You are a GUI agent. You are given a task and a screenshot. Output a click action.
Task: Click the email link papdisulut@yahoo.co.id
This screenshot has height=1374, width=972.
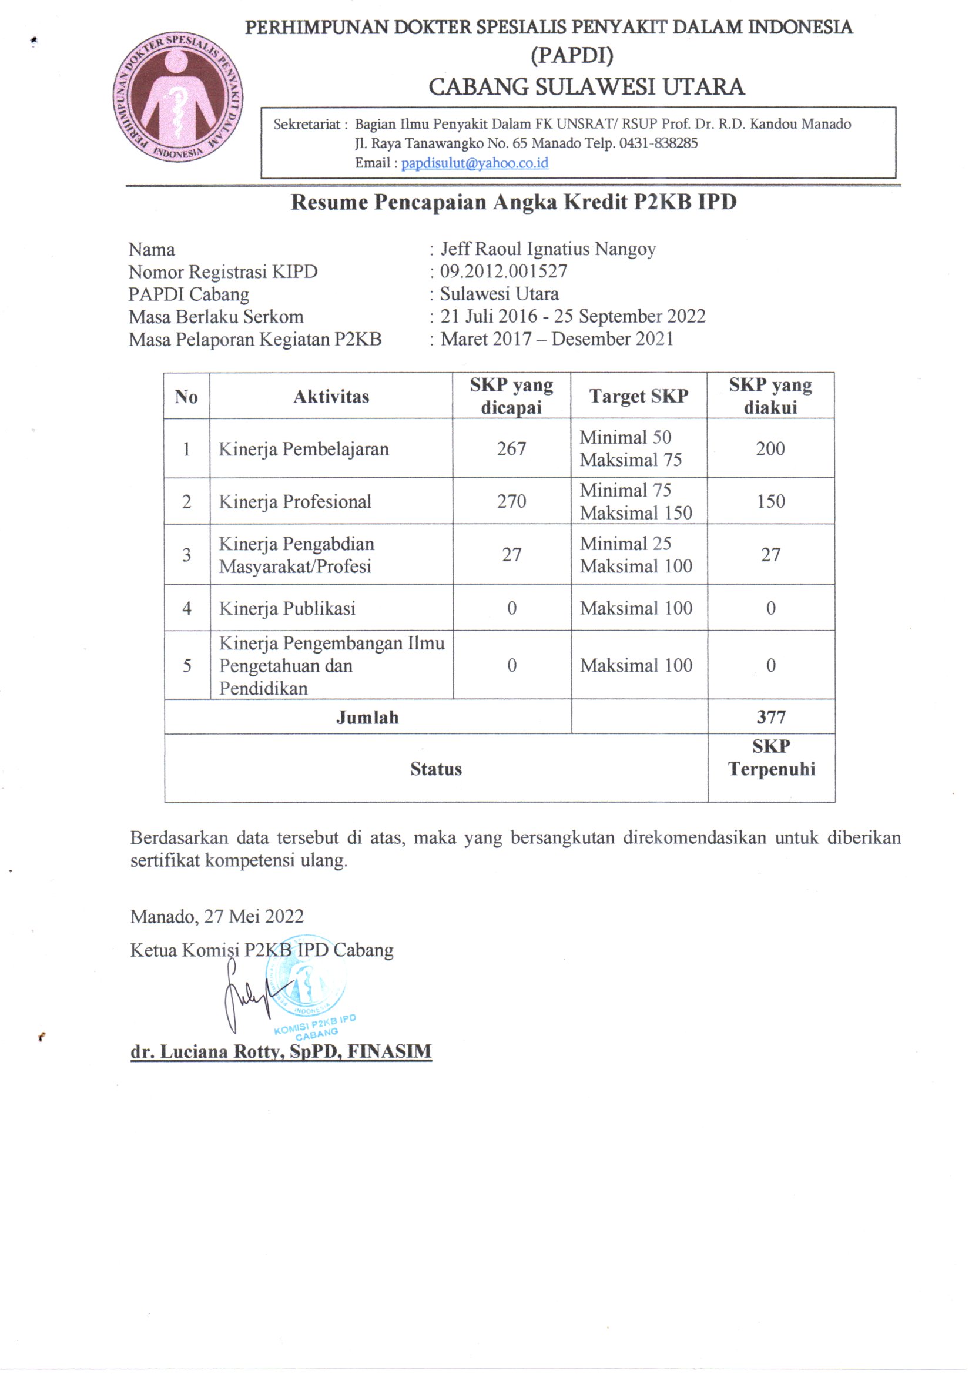point(475,163)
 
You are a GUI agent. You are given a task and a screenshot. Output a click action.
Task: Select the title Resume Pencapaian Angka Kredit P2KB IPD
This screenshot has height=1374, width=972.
point(514,202)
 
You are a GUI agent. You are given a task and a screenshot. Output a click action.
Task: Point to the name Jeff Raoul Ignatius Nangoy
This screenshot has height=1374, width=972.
point(548,249)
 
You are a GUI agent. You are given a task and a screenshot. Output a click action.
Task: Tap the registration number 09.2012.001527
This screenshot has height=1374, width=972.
point(504,271)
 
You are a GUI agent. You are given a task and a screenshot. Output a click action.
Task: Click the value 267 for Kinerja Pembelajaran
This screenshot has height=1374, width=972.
point(511,448)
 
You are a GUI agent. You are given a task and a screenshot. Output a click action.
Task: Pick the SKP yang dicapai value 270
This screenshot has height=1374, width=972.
point(511,501)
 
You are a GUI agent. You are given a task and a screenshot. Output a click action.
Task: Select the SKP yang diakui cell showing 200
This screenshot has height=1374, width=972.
point(770,448)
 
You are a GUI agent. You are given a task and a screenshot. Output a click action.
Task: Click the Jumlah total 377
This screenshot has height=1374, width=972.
point(770,716)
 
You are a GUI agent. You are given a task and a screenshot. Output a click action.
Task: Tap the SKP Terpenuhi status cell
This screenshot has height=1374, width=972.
point(771,758)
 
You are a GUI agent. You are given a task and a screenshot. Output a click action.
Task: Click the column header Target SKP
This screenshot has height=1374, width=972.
point(638,396)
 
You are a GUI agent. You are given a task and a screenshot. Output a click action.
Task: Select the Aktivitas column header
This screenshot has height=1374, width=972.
point(330,396)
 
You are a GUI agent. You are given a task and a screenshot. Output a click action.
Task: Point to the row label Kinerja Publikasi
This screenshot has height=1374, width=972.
point(287,608)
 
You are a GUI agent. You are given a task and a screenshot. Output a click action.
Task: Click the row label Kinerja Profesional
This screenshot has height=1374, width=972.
point(294,501)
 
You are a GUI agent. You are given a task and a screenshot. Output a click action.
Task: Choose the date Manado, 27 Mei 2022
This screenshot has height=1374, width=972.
point(217,916)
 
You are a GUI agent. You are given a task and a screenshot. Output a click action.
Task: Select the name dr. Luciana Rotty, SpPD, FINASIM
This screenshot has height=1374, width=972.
point(281,1051)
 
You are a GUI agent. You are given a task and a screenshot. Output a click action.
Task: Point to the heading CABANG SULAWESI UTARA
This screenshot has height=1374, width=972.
point(586,87)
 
